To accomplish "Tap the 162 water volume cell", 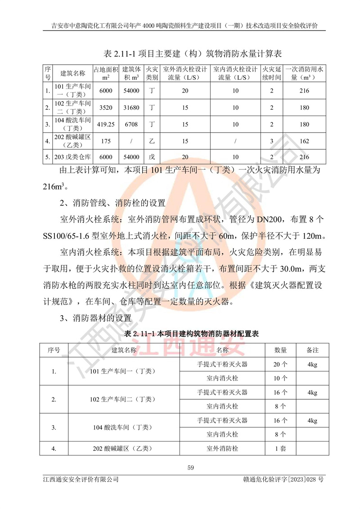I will [x=304, y=141].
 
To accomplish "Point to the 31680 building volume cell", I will [x=131, y=107].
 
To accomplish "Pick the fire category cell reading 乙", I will [x=152, y=141].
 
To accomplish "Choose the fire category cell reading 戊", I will [x=152, y=157].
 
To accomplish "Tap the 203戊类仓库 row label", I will [x=72, y=157].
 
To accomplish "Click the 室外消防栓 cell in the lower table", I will [x=222, y=448].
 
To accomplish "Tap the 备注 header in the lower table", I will [x=312, y=349].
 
